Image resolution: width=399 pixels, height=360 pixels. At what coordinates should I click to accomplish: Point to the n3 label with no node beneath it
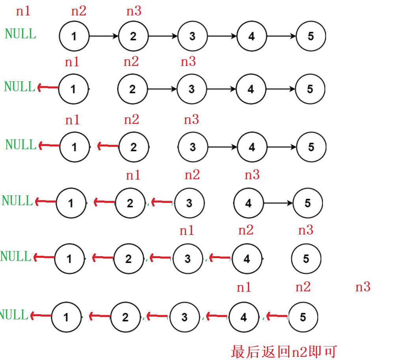(363, 287)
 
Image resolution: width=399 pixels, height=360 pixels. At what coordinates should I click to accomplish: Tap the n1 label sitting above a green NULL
(23, 11)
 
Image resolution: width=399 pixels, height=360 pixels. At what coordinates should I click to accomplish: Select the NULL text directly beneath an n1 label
(21, 34)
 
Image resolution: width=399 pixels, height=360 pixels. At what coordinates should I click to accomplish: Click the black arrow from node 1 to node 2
(104, 36)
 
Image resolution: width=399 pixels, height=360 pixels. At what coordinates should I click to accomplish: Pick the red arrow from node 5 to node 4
(277, 316)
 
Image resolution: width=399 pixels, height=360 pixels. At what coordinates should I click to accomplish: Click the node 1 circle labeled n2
(74, 36)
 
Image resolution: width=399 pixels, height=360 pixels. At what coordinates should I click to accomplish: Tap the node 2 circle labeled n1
(130, 203)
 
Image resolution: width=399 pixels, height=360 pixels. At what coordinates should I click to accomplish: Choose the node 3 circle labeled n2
(189, 203)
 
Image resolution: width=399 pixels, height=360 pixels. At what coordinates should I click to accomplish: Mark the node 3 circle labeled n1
(188, 259)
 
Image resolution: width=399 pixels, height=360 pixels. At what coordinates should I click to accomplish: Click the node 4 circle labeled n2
(247, 259)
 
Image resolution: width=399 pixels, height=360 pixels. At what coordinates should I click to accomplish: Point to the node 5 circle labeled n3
(306, 259)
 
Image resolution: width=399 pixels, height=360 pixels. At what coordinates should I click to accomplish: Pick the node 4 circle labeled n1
(244, 317)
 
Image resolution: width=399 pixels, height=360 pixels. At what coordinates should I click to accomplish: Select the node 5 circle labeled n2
(303, 317)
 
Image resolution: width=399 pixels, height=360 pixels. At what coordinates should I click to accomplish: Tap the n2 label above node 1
(78, 11)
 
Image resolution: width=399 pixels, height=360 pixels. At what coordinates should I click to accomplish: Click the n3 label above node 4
(252, 174)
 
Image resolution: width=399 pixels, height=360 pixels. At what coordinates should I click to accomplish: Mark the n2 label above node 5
(303, 287)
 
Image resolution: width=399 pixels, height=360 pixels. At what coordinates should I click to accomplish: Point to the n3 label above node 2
(134, 11)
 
